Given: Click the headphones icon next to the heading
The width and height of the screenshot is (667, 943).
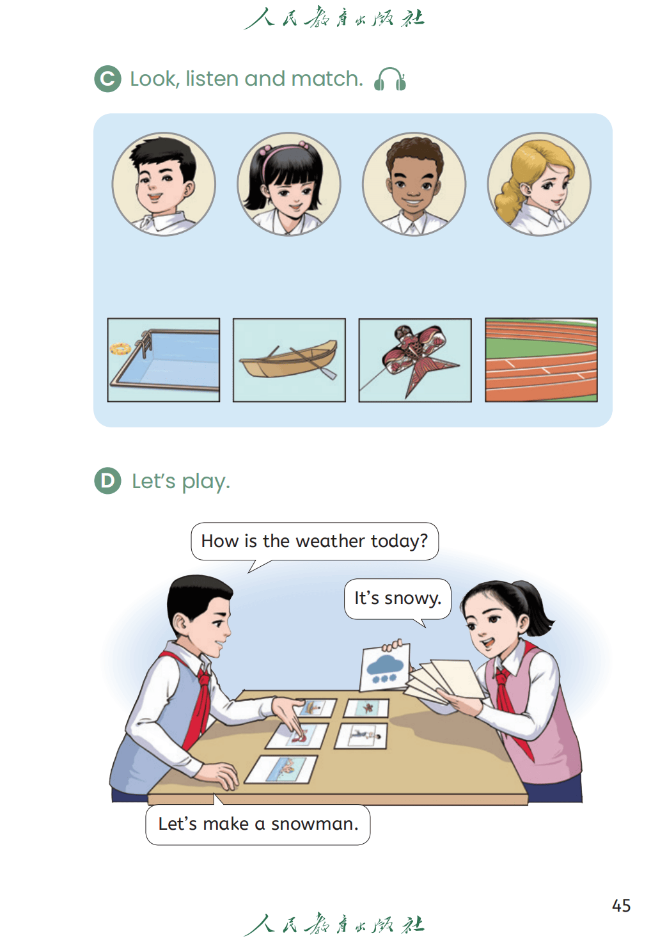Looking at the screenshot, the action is (389, 79).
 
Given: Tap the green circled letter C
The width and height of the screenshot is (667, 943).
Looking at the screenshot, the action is (107, 79).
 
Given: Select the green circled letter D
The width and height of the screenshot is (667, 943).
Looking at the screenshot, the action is (107, 480).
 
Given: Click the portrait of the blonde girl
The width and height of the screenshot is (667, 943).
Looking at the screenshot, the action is (539, 184).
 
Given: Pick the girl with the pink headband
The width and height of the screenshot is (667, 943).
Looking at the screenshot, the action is (288, 184).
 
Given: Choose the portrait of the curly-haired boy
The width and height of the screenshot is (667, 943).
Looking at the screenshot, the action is (414, 184).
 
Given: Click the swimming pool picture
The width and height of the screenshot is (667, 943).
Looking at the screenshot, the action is (164, 360).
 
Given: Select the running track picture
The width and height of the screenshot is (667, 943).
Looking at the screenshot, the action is (541, 360).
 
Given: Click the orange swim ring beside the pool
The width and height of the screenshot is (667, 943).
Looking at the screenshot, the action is (120, 349).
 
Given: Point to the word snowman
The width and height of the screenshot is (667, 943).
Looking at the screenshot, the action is (315, 824).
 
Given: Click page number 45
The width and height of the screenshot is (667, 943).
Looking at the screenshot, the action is (621, 905).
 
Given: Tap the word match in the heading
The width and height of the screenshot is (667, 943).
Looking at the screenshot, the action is (327, 79).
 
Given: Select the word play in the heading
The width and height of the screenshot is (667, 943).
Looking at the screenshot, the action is (206, 482).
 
